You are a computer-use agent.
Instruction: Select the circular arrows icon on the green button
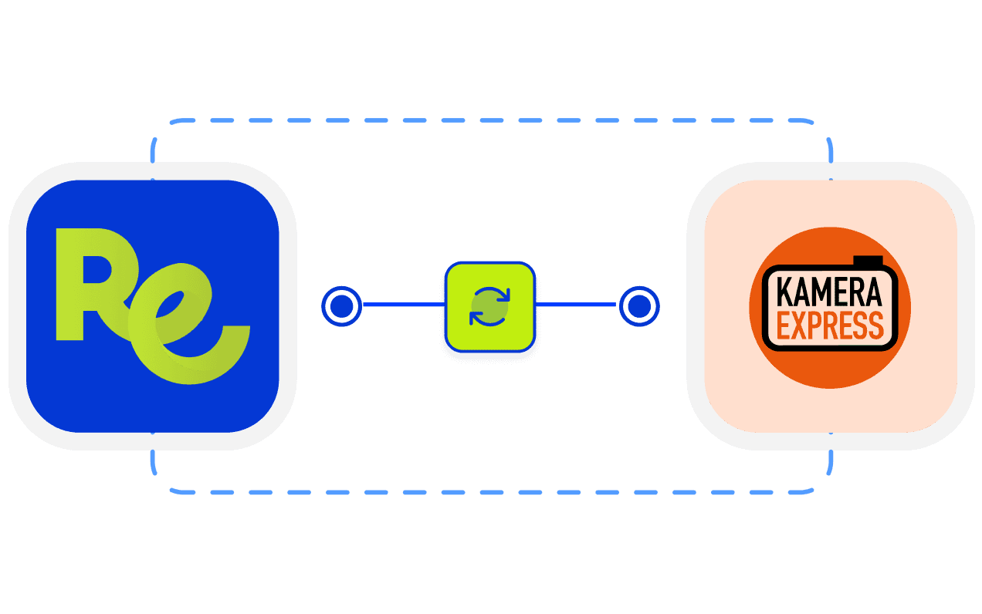pos(490,306)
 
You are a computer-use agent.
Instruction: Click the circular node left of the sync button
pos(341,306)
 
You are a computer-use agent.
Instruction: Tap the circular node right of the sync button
pos(638,306)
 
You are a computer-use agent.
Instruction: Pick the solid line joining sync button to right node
pos(576,305)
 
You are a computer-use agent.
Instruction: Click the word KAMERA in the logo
pos(829,294)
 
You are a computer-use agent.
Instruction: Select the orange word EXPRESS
pos(829,326)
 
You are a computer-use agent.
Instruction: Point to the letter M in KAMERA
pos(822,294)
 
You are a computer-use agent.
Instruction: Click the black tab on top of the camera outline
pos(869,261)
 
